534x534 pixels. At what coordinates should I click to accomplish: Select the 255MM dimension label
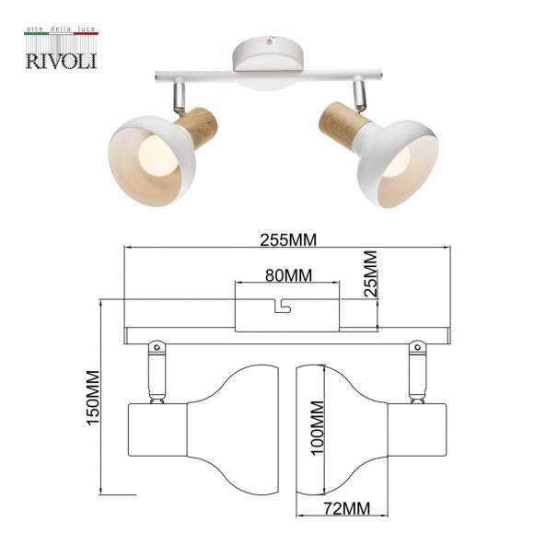[x=288, y=240]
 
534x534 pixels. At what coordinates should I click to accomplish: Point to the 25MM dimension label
[x=370, y=272]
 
